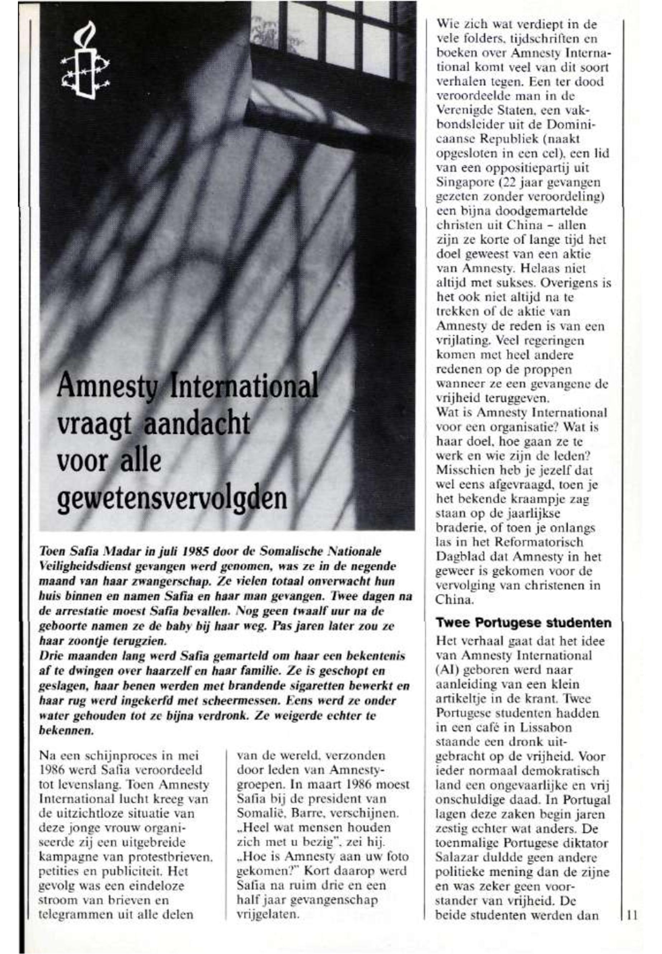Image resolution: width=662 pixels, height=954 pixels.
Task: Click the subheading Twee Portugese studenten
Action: [524, 623]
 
